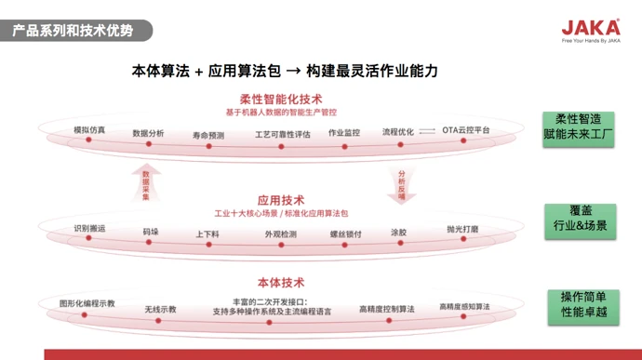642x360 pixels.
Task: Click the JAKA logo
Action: click(x=591, y=29)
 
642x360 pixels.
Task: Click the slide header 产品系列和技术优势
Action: click(x=73, y=31)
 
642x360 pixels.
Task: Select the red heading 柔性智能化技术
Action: click(x=281, y=100)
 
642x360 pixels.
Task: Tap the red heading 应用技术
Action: click(x=280, y=200)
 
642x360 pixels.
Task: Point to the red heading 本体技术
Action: click(x=280, y=283)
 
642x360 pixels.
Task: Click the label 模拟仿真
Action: click(x=89, y=128)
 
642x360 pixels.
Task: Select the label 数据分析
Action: click(x=148, y=133)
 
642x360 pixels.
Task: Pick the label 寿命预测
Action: click(x=208, y=135)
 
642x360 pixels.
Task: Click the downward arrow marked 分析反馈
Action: click(x=402, y=184)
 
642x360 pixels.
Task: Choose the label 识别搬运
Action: click(x=89, y=228)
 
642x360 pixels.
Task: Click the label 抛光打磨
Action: click(x=462, y=229)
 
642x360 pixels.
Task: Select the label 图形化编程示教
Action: click(x=87, y=303)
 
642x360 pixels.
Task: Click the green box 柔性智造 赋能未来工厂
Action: click(x=579, y=127)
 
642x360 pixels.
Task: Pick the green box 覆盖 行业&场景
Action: click(x=580, y=219)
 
